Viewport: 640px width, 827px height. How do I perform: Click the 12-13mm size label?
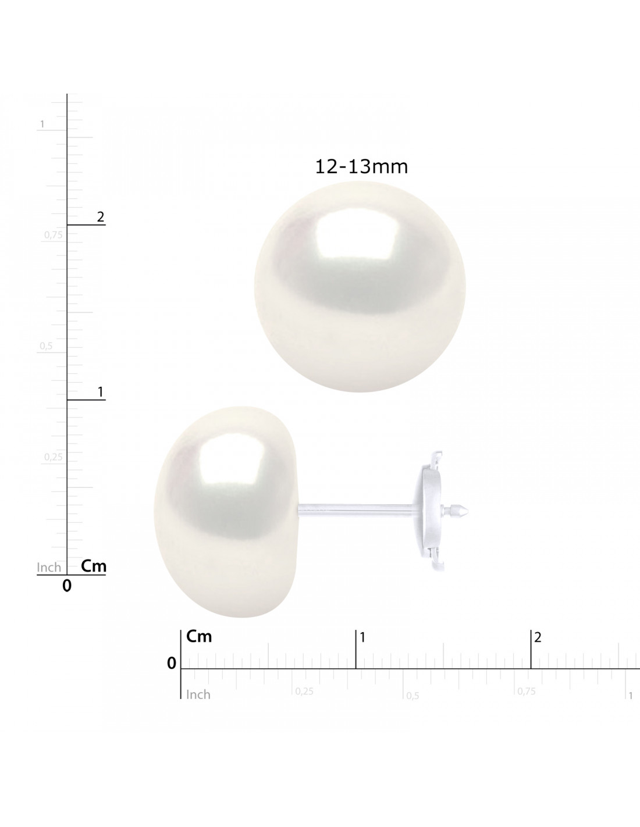point(361,167)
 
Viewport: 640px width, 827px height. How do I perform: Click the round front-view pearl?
point(360,286)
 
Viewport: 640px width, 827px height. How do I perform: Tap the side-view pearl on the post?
point(226,512)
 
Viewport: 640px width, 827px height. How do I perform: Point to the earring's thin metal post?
point(356,510)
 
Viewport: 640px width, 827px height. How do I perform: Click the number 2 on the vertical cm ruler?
point(101,217)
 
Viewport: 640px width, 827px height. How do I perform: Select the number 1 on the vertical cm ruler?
point(101,391)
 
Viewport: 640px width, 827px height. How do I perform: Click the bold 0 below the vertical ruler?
point(67,586)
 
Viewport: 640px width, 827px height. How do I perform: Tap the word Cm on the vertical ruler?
point(94,566)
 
